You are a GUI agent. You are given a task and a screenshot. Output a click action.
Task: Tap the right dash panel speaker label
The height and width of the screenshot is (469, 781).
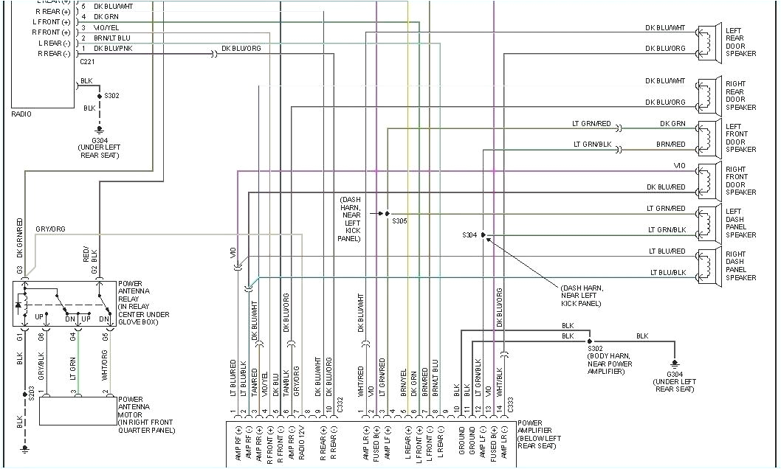point(740,265)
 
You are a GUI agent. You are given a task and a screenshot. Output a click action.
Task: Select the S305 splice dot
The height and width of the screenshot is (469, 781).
point(387,213)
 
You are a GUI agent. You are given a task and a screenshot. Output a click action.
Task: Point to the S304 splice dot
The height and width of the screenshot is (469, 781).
point(483,235)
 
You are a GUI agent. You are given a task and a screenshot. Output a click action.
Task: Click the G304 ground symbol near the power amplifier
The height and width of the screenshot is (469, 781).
point(674,363)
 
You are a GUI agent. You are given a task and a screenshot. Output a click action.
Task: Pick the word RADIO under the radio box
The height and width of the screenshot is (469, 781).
point(21,114)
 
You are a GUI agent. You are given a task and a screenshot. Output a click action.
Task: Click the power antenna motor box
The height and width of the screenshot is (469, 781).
point(78,411)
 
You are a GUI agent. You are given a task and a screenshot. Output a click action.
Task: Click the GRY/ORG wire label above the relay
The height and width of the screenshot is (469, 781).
point(50,229)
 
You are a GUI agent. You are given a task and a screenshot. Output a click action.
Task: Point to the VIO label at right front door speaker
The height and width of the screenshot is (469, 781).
point(679,165)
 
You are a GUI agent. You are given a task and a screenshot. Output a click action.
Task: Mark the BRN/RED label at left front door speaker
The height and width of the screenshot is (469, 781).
point(670,145)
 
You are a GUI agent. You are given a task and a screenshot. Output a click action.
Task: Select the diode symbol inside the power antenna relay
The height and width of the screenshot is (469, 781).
point(19,305)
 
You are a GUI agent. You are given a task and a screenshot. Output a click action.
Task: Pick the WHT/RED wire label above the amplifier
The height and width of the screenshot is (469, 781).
point(361,382)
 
